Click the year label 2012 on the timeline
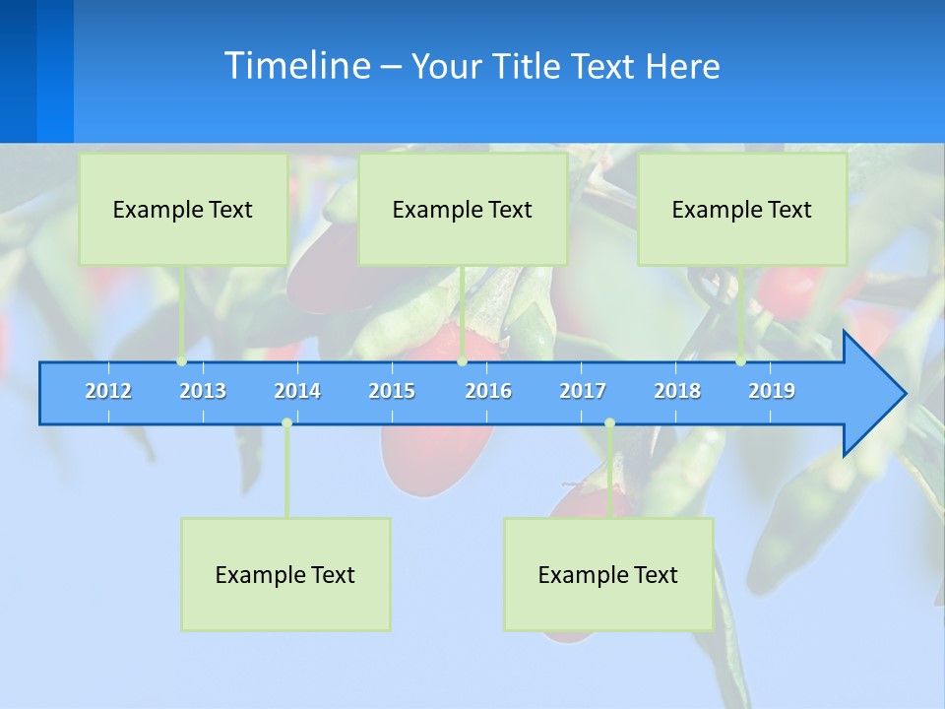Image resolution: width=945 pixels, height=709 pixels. click(x=108, y=391)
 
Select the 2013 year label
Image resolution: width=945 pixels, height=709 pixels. click(x=203, y=391)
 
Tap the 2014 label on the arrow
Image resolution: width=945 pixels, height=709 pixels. click(x=297, y=391)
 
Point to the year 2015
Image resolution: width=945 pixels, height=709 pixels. click(x=392, y=391)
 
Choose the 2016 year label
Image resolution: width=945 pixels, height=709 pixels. click(x=488, y=391)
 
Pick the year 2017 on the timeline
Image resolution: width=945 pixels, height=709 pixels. click(x=583, y=391)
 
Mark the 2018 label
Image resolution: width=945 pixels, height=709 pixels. click(x=677, y=391)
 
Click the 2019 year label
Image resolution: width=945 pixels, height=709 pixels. click(x=772, y=391)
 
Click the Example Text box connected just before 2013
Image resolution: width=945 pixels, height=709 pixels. click(x=183, y=209)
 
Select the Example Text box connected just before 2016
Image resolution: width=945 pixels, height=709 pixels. click(x=463, y=209)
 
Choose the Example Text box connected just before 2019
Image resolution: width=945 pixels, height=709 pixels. click(x=742, y=209)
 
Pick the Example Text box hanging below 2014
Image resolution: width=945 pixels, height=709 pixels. click(x=285, y=574)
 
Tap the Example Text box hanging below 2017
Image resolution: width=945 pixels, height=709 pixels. click(x=608, y=574)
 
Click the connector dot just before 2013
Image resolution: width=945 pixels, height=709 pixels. click(x=182, y=361)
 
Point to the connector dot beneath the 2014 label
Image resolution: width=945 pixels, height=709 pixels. click(x=286, y=422)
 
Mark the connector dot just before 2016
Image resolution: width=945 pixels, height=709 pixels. click(x=462, y=361)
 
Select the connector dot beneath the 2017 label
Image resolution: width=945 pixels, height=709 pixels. click(x=609, y=422)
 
